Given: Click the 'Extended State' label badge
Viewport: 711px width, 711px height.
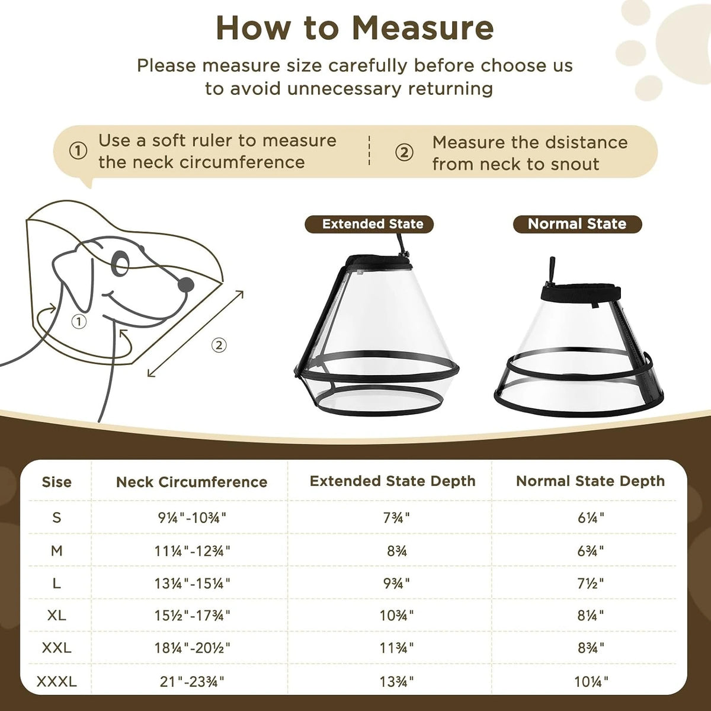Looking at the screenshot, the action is (x=369, y=224).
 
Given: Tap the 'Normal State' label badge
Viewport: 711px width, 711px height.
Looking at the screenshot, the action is (x=578, y=224).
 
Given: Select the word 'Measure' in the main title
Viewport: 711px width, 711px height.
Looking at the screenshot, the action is (x=422, y=28).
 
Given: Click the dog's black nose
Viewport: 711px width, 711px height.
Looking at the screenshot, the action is (x=185, y=284).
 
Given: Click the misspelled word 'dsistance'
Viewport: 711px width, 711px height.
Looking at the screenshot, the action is (x=587, y=143).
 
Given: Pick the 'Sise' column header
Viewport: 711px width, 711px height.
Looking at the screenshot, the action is (x=56, y=482).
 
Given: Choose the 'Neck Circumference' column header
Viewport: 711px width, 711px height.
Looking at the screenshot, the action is (x=191, y=482).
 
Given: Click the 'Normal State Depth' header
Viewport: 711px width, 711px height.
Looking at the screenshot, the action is (x=590, y=481).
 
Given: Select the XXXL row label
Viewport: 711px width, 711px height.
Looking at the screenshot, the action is (x=57, y=681).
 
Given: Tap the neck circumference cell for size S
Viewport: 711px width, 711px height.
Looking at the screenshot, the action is (x=192, y=518).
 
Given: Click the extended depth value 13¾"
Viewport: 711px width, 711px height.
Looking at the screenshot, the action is (x=396, y=681).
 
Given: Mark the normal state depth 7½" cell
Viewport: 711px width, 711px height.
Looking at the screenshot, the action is (x=591, y=584).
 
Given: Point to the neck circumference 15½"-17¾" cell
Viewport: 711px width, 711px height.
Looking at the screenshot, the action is (x=192, y=616).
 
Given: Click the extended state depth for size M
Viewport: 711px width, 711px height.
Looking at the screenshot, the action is (x=397, y=551).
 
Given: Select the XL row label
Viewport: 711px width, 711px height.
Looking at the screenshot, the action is (x=57, y=616).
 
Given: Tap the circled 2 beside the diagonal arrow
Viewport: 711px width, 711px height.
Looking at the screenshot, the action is (x=219, y=345).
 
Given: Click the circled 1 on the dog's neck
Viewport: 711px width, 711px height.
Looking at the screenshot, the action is (x=79, y=321).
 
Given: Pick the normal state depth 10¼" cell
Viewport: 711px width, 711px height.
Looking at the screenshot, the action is (x=591, y=681).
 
